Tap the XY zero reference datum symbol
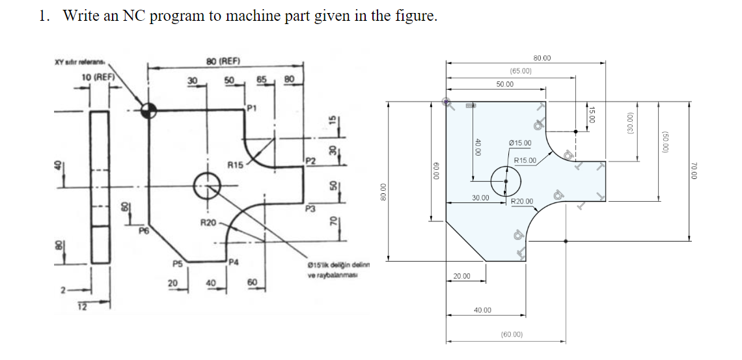[x=148, y=109]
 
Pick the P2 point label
[x=310, y=160]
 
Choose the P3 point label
[x=310, y=208]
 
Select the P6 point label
[x=143, y=230]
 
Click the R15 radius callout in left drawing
[x=236, y=165]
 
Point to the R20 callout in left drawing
[x=208, y=223]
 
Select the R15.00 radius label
[x=525, y=160]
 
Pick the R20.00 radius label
[x=522, y=202]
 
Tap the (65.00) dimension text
[x=521, y=71]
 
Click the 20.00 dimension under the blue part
[x=461, y=277]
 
